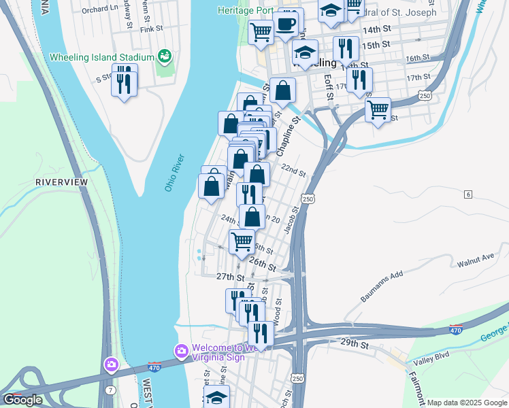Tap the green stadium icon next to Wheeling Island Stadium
click(x=163, y=55)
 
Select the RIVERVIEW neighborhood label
click(x=62, y=183)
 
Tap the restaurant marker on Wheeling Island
click(x=124, y=84)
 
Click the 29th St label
click(x=355, y=345)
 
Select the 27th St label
click(x=229, y=277)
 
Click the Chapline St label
click(x=288, y=136)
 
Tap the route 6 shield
click(x=468, y=194)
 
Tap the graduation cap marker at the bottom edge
click(x=216, y=397)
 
